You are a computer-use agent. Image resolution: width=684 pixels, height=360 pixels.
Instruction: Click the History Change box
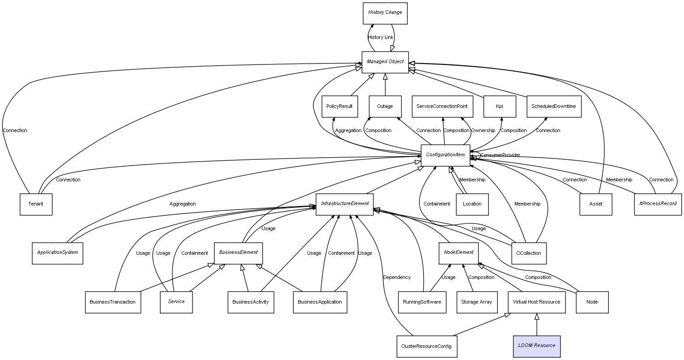385,13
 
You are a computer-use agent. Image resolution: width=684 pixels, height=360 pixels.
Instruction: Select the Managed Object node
385,62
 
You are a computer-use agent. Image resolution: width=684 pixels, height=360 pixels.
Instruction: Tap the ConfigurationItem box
445,155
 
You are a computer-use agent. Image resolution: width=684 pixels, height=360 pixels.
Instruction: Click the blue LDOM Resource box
536,346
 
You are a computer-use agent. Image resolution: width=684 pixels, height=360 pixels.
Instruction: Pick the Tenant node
36,204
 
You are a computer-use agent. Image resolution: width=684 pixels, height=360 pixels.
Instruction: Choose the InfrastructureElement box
345,204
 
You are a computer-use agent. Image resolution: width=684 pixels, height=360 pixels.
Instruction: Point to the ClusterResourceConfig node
427,347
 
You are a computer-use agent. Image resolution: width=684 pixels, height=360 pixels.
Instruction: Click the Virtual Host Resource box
536,302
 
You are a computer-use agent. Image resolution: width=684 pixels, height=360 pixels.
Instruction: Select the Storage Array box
476,302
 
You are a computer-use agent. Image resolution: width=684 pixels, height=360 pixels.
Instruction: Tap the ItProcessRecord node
658,204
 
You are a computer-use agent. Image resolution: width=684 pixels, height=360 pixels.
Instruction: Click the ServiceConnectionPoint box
442,107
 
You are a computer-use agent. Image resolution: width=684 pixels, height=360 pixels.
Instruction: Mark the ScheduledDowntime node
554,107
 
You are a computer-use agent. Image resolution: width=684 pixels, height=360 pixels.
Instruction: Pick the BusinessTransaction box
112,302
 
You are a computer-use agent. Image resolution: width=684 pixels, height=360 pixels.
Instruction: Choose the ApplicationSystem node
57,253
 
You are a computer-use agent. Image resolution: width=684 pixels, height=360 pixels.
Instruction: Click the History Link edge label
380,38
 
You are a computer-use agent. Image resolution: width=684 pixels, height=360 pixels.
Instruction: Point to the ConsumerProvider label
500,155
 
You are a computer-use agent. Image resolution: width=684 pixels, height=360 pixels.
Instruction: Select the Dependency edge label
397,278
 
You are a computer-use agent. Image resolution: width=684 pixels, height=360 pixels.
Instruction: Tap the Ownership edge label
483,131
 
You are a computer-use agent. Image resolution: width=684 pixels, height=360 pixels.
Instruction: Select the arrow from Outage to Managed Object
385,85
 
